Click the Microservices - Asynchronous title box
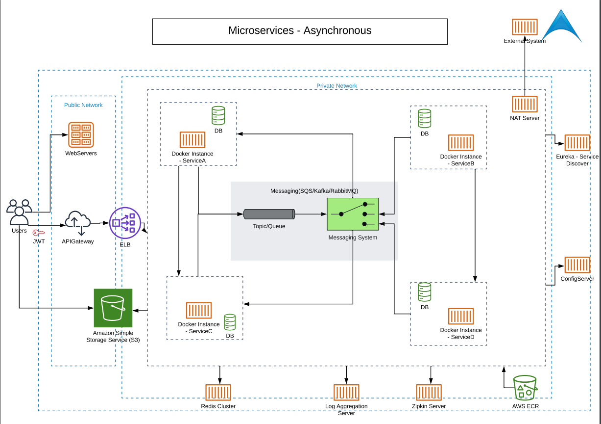point(300,31)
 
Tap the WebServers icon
point(81,134)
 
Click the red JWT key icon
point(39,233)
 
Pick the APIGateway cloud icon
point(77,224)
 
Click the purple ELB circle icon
point(125,223)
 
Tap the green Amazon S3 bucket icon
point(113,308)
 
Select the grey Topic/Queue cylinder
point(269,214)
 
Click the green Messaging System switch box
point(353,214)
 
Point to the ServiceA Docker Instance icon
point(192,140)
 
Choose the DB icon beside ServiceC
point(230,322)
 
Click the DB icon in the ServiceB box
point(425,119)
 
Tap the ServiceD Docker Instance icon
point(461,317)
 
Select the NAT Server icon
point(525,104)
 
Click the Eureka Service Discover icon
point(577,143)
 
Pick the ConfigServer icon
point(577,265)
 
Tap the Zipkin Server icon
point(429,393)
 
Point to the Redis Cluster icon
point(218,393)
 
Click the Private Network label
point(337,86)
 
